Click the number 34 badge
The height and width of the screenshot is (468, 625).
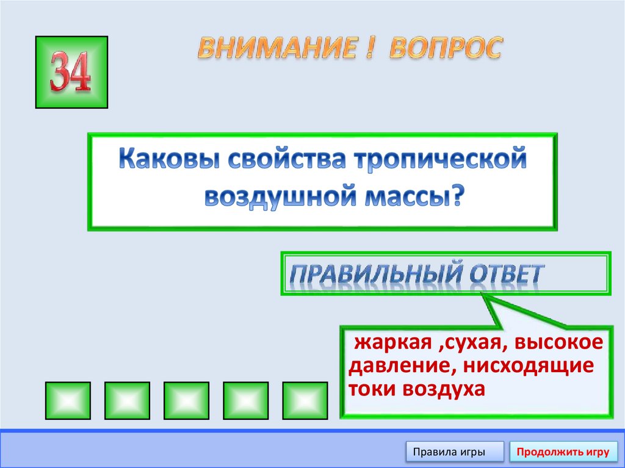pyautogui.click(x=72, y=72)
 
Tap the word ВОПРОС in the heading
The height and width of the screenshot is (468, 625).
pyautogui.click(x=446, y=48)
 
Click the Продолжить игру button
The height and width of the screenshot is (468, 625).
pyautogui.click(x=563, y=452)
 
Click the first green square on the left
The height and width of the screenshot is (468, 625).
pyautogui.click(x=68, y=401)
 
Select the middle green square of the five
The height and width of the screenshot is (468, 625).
pyautogui.click(x=186, y=401)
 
